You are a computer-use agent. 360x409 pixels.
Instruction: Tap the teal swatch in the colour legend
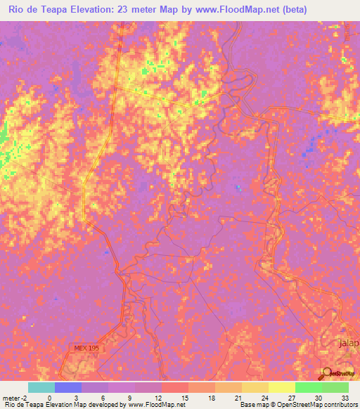(x=41, y=387)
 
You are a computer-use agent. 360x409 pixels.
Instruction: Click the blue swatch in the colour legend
(x=67, y=387)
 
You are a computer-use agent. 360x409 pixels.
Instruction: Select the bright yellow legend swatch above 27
(x=281, y=387)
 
